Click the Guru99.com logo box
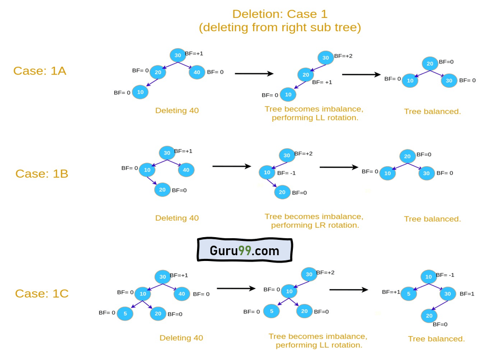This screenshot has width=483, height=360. (x=244, y=249)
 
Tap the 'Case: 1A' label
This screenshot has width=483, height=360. (x=40, y=71)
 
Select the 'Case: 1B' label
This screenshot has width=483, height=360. (x=41, y=174)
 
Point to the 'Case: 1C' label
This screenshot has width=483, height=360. (x=41, y=293)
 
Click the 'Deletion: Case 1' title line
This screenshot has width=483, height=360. (x=280, y=14)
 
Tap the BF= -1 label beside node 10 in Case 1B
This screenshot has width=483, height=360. (x=286, y=173)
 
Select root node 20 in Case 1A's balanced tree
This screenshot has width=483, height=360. (x=430, y=64)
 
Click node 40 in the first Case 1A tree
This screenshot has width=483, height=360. (x=196, y=72)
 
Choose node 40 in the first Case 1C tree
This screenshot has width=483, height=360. (x=182, y=293)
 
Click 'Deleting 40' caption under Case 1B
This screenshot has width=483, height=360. (x=177, y=218)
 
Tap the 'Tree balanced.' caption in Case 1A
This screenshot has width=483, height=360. (x=432, y=112)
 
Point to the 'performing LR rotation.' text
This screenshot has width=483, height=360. (x=315, y=225)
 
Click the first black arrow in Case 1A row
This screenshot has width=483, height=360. (x=254, y=74)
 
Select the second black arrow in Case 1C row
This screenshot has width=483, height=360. (x=348, y=290)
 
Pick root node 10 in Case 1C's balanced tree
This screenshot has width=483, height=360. (x=428, y=276)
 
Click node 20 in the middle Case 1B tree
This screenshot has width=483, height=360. (x=282, y=192)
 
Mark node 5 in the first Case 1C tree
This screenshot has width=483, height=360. (x=124, y=313)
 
